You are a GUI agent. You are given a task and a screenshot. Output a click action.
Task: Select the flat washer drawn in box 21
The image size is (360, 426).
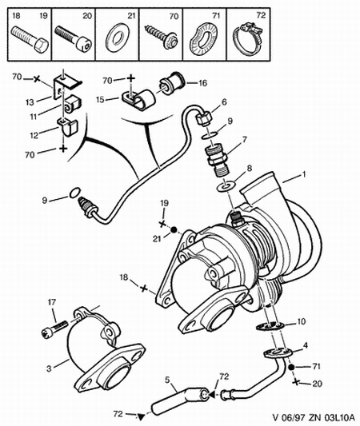tap(118, 38)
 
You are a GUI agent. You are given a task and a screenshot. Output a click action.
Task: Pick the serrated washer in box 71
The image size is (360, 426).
tap(205, 39)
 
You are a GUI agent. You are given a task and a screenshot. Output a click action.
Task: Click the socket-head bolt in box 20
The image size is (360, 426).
tap(74, 38)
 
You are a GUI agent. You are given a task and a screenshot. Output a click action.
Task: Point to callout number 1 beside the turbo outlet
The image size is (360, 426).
tap(304, 174)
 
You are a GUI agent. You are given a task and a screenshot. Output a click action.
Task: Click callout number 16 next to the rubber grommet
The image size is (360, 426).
tap(203, 83)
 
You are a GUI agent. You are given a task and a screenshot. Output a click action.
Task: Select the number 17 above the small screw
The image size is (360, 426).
tap(52, 302)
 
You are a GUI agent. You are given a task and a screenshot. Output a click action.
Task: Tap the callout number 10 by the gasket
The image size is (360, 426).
tap(302, 321)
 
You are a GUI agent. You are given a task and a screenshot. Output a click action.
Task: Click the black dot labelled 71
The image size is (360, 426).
tap(291, 367)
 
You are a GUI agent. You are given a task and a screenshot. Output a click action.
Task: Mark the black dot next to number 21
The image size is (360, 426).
tap(174, 230)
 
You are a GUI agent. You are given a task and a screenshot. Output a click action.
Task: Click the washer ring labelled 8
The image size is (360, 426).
tap(226, 187)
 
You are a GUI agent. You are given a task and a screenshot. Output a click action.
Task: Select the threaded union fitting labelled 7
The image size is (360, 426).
tap(218, 161)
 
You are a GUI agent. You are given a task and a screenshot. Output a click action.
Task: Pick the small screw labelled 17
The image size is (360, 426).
tap(54, 328)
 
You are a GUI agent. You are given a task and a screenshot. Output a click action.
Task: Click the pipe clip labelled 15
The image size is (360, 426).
tap(138, 98)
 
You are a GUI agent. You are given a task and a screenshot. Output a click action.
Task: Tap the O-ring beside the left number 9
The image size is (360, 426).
tap(74, 193)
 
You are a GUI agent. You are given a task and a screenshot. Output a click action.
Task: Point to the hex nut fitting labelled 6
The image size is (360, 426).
tap(204, 118)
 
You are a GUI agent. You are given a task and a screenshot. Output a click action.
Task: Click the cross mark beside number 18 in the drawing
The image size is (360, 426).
tap(144, 289)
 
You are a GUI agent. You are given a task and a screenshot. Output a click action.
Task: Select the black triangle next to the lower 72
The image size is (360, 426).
tap(140, 416)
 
